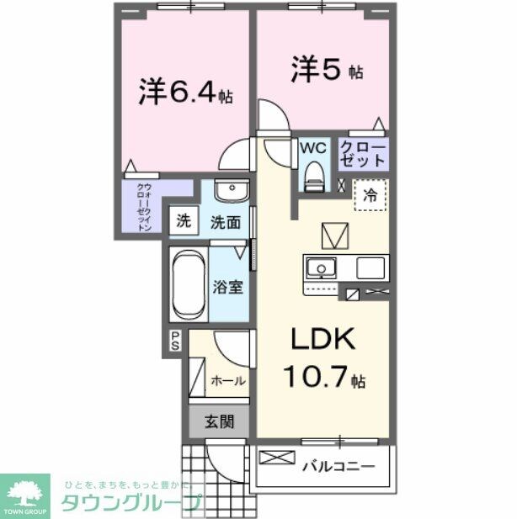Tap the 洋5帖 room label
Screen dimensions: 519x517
(x=327, y=69)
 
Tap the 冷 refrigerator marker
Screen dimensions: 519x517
(x=370, y=195)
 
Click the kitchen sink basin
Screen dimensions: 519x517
(x=320, y=269)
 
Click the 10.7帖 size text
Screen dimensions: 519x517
(x=324, y=377)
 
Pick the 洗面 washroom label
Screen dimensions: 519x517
(x=226, y=223)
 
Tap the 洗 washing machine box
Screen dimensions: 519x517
(x=183, y=223)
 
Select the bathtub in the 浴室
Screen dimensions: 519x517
(x=188, y=285)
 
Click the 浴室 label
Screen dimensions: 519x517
(x=227, y=286)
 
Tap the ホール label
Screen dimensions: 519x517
(x=227, y=380)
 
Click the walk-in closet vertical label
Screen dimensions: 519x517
(x=144, y=206)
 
